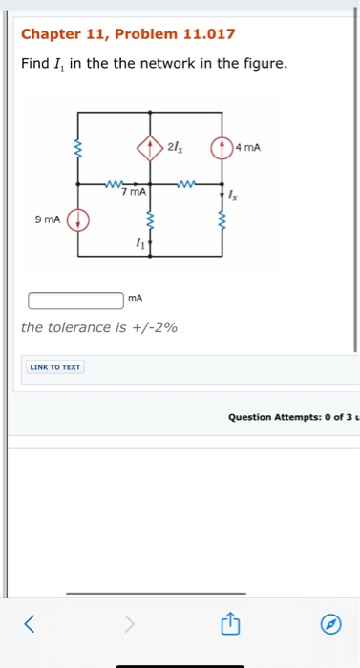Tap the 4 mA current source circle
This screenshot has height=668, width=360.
click(x=222, y=148)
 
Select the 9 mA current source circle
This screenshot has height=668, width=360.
click(x=78, y=221)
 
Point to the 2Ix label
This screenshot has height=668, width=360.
click(x=174, y=147)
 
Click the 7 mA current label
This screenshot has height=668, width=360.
click(x=134, y=193)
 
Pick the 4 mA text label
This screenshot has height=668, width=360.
click(x=247, y=147)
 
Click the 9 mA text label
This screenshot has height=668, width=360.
click(x=48, y=220)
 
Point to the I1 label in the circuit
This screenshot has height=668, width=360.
click(x=139, y=245)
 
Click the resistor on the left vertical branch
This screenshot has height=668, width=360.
click(x=78, y=149)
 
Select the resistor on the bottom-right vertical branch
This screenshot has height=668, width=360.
click(x=222, y=221)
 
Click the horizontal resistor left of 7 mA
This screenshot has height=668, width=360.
click(x=115, y=183)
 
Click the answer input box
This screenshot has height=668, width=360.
click(x=76, y=301)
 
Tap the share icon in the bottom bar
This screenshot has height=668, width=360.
click(x=229, y=625)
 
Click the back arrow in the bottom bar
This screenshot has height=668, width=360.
click(x=29, y=625)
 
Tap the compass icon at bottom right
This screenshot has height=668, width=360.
click(x=330, y=625)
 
